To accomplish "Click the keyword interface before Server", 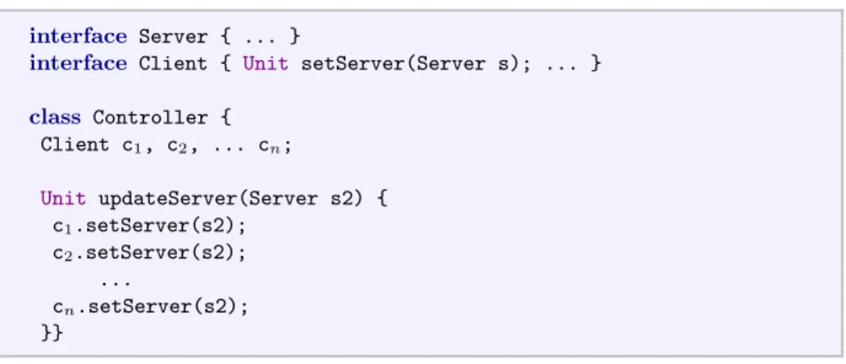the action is pyautogui.click(x=78, y=36).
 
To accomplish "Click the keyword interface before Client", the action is pyautogui.click(x=78, y=63).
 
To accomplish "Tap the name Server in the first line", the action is pyautogui.click(x=173, y=37).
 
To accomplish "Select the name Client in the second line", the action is pyautogui.click(x=173, y=64).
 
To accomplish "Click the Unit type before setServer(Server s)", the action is pyautogui.click(x=266, y=64).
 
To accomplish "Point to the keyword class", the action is pyautogui.click(x=55, y=117).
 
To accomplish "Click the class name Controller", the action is pyautogui.click(x=151, y=117).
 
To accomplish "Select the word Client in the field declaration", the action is pyautogui.click(x=75, y=144).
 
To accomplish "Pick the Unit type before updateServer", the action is pyautogui.click(x=63, y=198).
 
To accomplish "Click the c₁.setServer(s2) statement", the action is pyautogui.click(x=149, y=226).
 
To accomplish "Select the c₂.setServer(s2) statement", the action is pyautogui.click(x=149, y=253).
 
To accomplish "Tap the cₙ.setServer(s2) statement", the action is pyautogui.click(x=151, y=307).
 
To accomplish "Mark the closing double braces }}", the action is pyautogui.click(x=52, y=333).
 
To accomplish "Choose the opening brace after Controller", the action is pyautogui.click(x=225, y=117).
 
